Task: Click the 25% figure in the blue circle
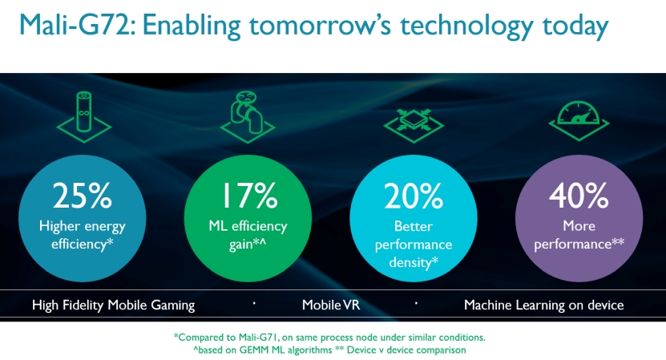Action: [x=83, y=196]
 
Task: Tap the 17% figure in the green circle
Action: [x=250, y=196]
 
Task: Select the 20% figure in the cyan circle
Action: [x=414, y=196]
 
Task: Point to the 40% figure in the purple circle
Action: [x=579, y=196]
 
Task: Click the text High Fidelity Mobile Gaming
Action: [x=114, y=305]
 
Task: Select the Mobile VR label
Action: [x=331, y=305]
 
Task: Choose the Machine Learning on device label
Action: [x=543, y=305]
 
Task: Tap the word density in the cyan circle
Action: [x=410, y=263]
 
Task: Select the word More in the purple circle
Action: [x=579, y=225]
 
